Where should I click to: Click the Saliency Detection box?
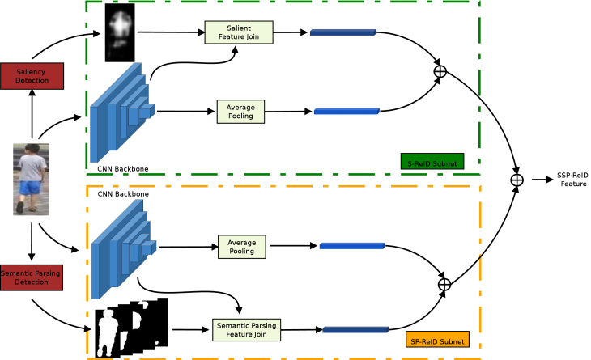(x=32, y=76)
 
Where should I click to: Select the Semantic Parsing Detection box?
(x=32, y=277)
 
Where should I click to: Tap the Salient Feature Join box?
(x=239, y=32)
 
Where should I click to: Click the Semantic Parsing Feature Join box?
(x=246, y=330)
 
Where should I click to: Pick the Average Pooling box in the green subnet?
(x=240, y=112)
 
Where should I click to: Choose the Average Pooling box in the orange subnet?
(x=242, y=247)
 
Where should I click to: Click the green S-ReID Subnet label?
(x=432, y=162)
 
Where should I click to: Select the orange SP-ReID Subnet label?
(x=437, y=339)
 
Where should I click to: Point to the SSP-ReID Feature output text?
(x=573, y=180)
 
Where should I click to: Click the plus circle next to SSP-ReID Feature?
(x=517, y=180)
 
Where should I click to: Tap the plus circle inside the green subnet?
(x=440, y=71)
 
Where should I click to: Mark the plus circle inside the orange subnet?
(x=444, y=284)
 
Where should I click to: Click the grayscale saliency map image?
(x=120, y=32)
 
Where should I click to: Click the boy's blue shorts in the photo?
(x=29, y=187)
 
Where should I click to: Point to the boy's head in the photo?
(x=32, y=149)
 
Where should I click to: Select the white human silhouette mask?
(x=108, y=333)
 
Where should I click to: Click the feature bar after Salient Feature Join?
(x=343, y=32)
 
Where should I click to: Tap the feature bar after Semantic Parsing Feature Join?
(x=355, y=330)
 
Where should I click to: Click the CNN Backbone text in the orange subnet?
(x=123, y=194)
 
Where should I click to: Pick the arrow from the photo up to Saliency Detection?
(x=32, y=114)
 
